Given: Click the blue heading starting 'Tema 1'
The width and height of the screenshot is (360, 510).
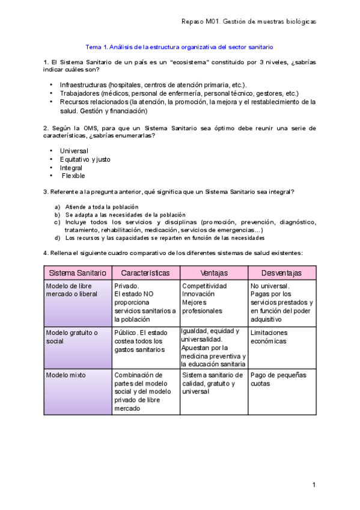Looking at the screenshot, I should [x=180, y=47].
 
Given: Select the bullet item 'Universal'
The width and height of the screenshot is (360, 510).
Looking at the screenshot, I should [x=75, y=150].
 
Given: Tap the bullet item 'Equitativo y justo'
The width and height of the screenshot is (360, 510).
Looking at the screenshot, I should [x=85, y=159].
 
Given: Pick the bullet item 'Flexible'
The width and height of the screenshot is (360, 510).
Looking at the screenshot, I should [x=73, y=176].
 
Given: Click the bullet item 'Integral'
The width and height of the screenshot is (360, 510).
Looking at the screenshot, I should [x=72, y=168].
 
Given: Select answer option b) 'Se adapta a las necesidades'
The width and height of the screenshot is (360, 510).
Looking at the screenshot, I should [x=120, y=215].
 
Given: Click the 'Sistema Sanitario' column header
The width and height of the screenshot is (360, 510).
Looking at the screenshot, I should [x=78, y=273].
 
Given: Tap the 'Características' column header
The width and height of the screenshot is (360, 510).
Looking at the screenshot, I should [x=145, y=273].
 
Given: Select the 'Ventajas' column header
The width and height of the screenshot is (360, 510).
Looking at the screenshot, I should [x=214, y=273].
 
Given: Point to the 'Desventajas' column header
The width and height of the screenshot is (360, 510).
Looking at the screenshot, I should [x=281, y=273].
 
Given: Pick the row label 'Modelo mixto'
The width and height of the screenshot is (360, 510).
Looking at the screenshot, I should [x=66, y=375].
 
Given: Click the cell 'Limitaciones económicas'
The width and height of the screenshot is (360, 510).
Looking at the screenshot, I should [x=269, y=337].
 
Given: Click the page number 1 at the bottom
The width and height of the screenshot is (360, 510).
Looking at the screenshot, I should [x=314, y=485].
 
